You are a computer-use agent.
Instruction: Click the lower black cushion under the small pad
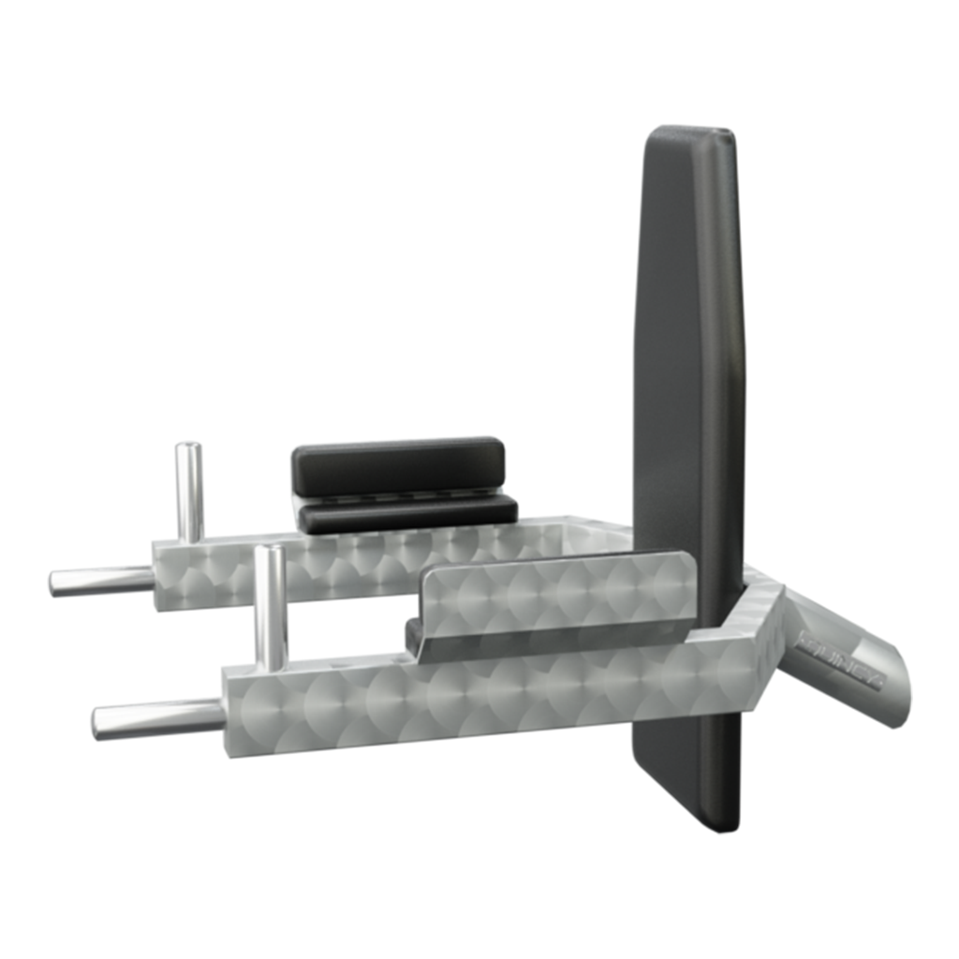coord(407,514)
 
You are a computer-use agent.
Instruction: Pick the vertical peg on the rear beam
coord(188,494)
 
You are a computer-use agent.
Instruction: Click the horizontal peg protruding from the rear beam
coord(101,578)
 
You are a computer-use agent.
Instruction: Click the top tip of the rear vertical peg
coord(188,450)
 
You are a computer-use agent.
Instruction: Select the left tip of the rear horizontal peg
coord(54,582)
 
